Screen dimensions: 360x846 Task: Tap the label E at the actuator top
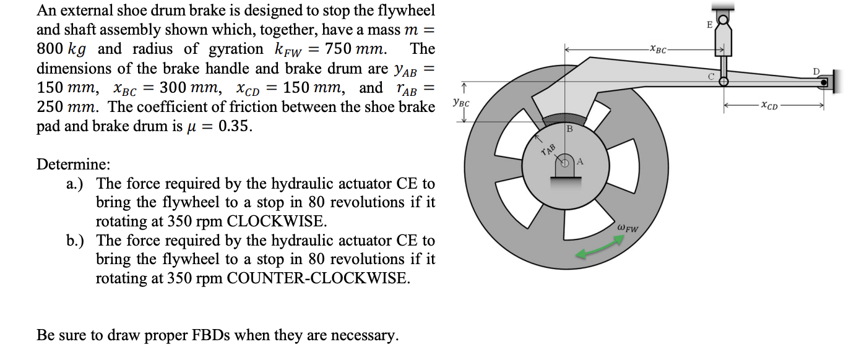(709, 25)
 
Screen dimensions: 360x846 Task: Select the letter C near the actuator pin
(711, 77)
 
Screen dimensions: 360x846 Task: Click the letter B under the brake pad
(569, 129)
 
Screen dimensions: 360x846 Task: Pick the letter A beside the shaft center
(581, 162)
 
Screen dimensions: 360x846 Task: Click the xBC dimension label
(658, 49)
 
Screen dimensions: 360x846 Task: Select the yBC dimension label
(461, 102)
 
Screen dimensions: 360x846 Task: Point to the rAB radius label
(548, 149)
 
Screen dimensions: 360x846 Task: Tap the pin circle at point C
(723, 81)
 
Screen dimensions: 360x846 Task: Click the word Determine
(74, 165)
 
